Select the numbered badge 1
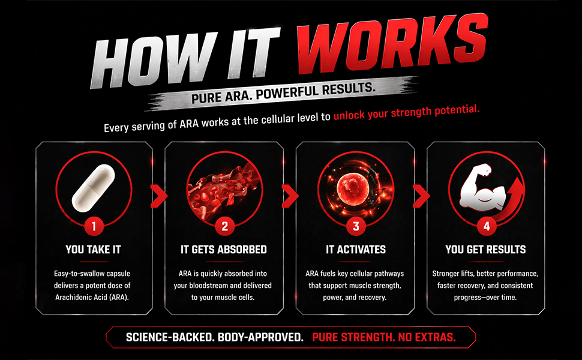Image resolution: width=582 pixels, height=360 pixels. (x=94, y=226)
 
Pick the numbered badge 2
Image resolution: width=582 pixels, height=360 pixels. (x=224, y=226)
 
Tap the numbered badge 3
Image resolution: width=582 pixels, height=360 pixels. (x=356, y=226)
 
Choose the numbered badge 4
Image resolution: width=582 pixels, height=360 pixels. (x=486, y=226)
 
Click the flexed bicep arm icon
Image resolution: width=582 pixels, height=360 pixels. (x=482, y=187)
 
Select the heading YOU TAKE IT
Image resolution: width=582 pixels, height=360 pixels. (x=94, y=250)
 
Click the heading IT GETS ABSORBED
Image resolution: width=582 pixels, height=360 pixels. (x=224, y=250)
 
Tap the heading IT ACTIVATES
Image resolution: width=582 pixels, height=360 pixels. (x=356, y=250)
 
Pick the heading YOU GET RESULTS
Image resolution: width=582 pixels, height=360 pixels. (x=485, y=250)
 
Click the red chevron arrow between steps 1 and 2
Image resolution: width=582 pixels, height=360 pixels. (x=159, y=196)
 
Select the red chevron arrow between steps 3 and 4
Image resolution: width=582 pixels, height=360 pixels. (x=422, y=196)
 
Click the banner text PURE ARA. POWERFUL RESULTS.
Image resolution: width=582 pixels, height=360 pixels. (x=283, y=93)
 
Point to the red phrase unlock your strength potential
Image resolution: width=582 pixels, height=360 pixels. (x=406, y=112)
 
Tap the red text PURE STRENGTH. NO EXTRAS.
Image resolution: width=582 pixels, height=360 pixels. (x=384, y=337)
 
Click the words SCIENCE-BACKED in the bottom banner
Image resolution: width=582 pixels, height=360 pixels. (x=170, y=337)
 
